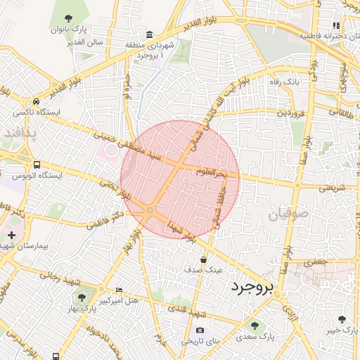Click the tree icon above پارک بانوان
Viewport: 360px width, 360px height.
click(x=67, y=18)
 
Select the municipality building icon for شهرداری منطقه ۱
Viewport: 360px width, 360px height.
click(x=150, y=35)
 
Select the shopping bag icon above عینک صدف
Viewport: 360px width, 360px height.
click(x=203, y=259)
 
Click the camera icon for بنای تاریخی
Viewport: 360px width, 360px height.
click(x=200, y=330)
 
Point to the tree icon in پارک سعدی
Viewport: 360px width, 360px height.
click(x=254, y=326)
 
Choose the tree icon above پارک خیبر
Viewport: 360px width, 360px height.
click(x=342, y=319)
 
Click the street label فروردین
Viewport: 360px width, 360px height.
click(x=291, y=112)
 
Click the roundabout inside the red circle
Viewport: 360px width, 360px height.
click(x=150, y=210)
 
